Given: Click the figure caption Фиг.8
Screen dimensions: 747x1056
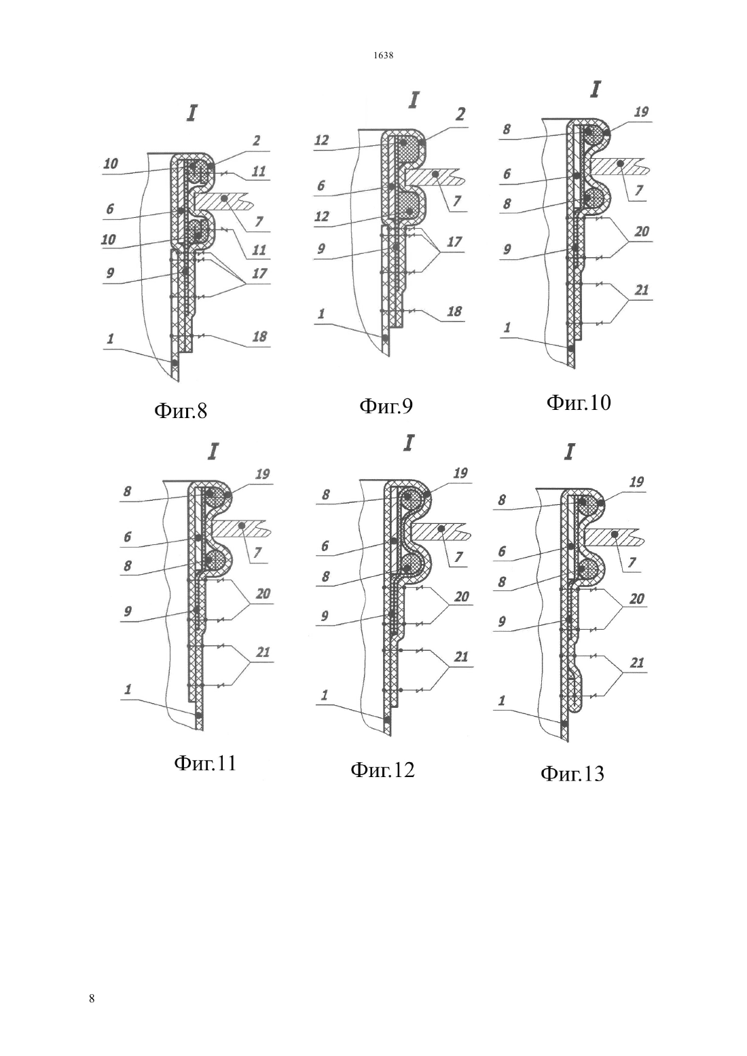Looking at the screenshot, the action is pos(181,411).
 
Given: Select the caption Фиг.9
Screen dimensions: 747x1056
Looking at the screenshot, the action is pos(386,406).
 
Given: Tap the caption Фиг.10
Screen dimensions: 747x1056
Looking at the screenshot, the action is pos(579,402).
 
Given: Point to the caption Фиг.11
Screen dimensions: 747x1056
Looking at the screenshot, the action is pos(205,763).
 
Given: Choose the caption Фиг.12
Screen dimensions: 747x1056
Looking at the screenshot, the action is pos(382,770).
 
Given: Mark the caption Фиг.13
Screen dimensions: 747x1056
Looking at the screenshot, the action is pos(572,774).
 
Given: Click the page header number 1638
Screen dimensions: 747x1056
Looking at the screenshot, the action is pos(384,56).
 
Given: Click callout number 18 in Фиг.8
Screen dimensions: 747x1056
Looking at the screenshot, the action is pos(259,337).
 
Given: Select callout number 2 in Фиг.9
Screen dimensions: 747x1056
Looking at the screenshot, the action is pos(460,114).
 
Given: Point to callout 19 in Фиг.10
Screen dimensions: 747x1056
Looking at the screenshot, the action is pos(641,112).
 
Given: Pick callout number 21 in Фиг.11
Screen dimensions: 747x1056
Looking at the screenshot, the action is pos(263,652).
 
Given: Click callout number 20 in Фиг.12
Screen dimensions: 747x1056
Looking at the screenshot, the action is pos(462,597).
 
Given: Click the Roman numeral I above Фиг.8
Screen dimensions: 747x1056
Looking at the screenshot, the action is pos(191,113).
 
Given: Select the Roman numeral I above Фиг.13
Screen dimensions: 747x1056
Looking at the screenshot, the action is pos(570,453).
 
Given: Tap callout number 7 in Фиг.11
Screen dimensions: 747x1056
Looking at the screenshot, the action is pos(257,552).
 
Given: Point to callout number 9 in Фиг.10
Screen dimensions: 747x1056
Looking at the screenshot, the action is pos(507,249).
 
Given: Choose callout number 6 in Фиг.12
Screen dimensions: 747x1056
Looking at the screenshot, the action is pos(325,546).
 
